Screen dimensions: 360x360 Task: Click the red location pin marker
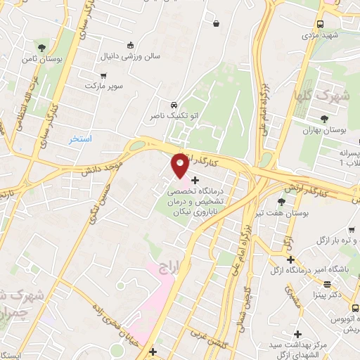coord(180,165)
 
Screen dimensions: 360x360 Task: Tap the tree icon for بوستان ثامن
coord(42,48)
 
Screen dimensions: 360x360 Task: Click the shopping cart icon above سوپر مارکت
coord(104,75)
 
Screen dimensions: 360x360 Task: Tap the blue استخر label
coord(81,139)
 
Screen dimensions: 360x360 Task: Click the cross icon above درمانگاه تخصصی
coord(195,181)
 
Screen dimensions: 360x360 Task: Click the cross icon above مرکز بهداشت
coord(298,333)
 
